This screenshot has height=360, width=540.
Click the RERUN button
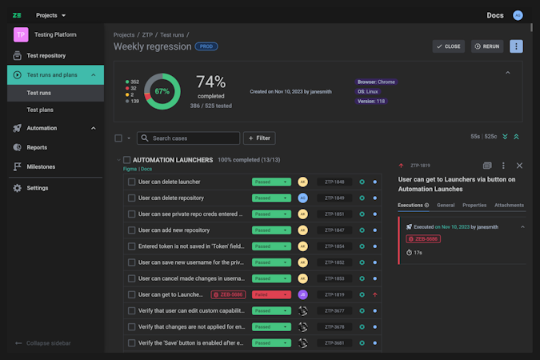tap(487, 46)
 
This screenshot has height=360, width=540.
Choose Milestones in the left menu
tap(42, 166)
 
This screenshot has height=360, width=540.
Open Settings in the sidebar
tap(37, 188)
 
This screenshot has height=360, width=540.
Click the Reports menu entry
tap(37, 147)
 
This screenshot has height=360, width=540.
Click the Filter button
tap(259, 138)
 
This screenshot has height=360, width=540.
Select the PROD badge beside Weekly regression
tap(206, 46)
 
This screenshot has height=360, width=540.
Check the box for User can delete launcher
tap(132, 182)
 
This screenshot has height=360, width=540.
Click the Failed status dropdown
tap(271, 294)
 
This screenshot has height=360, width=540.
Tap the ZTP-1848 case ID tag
tap(334, 182)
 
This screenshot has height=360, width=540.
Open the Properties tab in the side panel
tap(474, 206)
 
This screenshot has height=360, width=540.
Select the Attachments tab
tap(510, 206)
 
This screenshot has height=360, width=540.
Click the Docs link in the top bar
tap(495, 15)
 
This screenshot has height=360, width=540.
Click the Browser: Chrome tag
tap(376, 82)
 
